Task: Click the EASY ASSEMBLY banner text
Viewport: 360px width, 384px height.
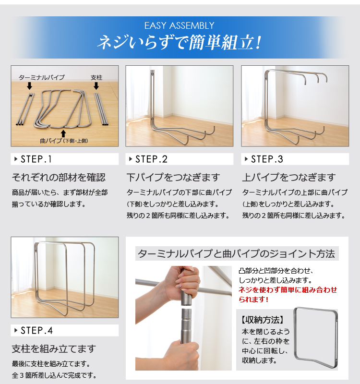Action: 179,25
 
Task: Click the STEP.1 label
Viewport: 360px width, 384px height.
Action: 36,159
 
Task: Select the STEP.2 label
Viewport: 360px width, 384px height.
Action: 151,159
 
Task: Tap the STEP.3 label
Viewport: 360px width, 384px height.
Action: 267,159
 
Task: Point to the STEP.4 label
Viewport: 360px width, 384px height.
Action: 37,331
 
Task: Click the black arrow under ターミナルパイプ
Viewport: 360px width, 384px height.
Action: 29,86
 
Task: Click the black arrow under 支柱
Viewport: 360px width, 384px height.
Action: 96,86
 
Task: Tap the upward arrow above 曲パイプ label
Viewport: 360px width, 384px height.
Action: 63,134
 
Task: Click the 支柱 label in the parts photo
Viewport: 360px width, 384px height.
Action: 96,78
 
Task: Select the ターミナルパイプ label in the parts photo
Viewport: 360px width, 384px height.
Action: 42,78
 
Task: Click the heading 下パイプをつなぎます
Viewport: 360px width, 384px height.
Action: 173,177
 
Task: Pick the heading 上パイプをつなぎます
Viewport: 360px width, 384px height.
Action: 289,177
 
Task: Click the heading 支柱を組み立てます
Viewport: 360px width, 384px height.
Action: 54,349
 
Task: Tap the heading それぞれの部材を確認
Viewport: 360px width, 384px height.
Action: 59,177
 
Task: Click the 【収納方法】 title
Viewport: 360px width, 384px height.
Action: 263,320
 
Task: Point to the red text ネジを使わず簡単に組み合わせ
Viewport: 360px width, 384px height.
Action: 288,290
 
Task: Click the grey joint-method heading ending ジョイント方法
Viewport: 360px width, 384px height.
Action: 237,254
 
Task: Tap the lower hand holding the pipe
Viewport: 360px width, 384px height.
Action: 182,355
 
